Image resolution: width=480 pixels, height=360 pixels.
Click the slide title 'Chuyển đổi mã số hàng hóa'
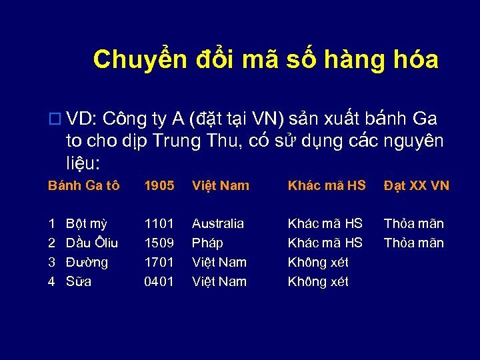point(265,59)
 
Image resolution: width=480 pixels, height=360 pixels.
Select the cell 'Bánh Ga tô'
point(84,185)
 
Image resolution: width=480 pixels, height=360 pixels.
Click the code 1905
point(159,185)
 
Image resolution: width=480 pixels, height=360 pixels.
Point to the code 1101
point(159,223)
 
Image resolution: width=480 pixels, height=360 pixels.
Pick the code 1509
point(159,243)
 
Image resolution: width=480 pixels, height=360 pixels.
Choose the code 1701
point(159,262)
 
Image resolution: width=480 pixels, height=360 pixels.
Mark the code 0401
point(159,281)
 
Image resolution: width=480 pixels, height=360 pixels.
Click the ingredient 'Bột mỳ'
point(87,223)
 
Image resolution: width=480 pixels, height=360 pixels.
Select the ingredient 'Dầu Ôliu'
point(92,243)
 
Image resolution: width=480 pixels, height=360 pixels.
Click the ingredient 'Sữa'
point(79,281)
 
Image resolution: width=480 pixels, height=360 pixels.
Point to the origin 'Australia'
point(218,223)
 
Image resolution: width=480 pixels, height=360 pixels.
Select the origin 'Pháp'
point(207,243)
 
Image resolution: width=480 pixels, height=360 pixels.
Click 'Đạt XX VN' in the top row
point(416,185)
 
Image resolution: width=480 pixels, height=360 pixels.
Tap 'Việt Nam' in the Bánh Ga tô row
point(220,185)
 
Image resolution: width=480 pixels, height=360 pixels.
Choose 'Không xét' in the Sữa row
point(318,281)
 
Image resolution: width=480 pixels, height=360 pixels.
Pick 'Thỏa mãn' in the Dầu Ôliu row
point(413,243)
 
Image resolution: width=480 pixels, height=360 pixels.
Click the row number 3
point(51,262)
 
